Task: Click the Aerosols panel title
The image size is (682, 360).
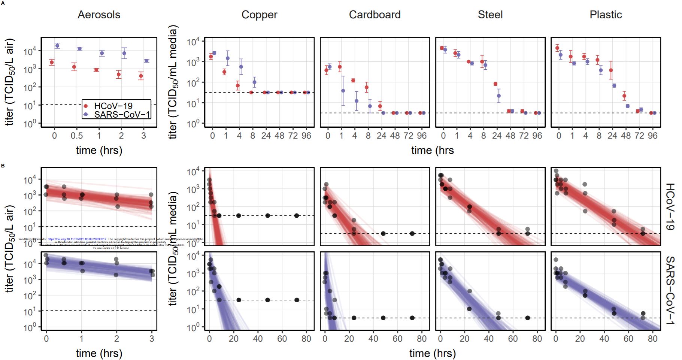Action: tap(99, 15)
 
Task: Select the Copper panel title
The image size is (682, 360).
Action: tap(259, 15)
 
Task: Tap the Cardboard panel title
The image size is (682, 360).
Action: tap(375, 15)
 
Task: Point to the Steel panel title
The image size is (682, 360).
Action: tap(490, 15)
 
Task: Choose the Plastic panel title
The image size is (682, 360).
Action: tap(606, 15)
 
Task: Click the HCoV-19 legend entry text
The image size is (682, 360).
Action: tap(113, 106)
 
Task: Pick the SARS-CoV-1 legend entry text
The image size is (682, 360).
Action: tap(122, 114)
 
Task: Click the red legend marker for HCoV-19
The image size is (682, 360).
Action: tap(86, 106)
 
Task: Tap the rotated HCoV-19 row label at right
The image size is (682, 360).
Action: tap(670, 206)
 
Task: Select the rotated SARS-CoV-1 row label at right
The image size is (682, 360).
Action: tap(670, 290)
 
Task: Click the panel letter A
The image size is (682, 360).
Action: tap(3, 3)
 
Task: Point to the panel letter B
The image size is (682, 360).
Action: tap(3, 165)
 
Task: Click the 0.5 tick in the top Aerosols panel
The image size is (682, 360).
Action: tap(76, 136)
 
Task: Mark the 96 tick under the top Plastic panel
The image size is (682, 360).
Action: tap(652, 136)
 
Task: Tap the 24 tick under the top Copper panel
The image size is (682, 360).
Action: tap(266, 136)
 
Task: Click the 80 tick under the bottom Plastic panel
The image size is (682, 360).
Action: tap(652, 339)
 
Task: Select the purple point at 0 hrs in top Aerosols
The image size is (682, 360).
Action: tap(57, 46)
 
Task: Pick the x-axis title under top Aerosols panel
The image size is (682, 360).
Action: tap(99, 151)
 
